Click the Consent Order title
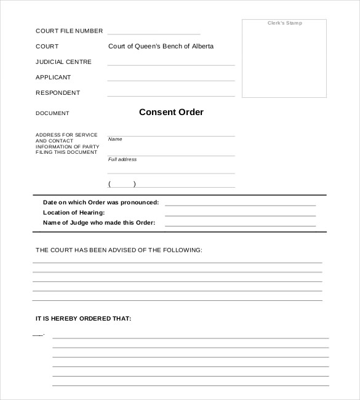tap(171, 112)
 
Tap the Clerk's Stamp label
tap(284, 23)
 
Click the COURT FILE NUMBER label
tap(69, 31)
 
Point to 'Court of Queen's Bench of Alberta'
tap(161, 46)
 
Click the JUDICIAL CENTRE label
tap(63, 62)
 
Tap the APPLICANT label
tap(54, 78)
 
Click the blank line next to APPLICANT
tap(171, 79)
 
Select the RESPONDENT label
tap(58, 93)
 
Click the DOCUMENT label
tap(52, 113)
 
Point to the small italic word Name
tap(115, 139)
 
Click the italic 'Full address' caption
tap(122, 159)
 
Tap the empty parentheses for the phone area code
tap(122, 184)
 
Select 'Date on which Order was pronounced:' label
tap(101, 202)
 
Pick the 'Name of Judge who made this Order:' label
tap(99, 222)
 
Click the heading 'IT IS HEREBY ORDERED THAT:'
tap(83, 319)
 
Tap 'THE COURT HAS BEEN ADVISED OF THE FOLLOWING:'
tap(119, 250)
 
